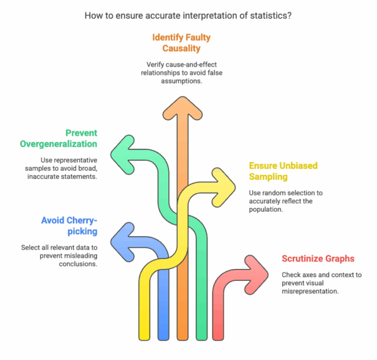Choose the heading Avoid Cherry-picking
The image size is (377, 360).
72,227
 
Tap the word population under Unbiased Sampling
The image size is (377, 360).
266,209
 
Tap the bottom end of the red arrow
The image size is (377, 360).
221,335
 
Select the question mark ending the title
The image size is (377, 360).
289,14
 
